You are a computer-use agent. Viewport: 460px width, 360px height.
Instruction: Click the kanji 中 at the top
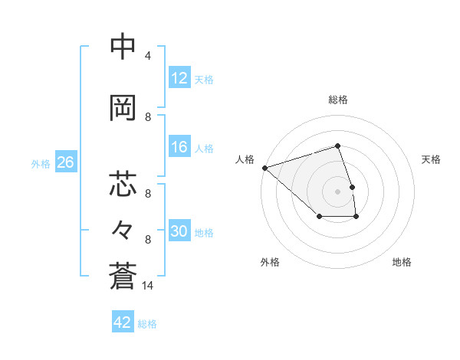point(123,47)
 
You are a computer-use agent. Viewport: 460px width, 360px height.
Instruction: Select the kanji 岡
point(123,108)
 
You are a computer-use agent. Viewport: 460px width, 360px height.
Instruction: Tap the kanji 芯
point(123,185)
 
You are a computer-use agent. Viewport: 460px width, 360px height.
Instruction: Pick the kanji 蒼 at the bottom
point(123,275)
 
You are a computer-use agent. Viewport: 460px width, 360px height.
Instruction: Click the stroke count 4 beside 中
point(148,56)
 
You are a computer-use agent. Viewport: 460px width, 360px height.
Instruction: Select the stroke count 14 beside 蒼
point(148,286)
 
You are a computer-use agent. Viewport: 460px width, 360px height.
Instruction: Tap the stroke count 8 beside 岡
point(148,117)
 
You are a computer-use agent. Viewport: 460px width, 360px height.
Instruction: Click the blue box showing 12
point(179,78)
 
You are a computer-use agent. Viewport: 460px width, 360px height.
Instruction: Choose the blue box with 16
point(179,147)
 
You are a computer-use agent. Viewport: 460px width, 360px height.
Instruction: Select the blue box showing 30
point(179,231)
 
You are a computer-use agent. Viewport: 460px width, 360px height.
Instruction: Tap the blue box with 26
point(65,162)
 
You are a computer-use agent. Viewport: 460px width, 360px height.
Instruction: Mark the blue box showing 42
point(123,322)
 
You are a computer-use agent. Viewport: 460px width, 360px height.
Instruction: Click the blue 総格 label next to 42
point(147,324)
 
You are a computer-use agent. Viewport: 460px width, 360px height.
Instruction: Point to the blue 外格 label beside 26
point(41,163)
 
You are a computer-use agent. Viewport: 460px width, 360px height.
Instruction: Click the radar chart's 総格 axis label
point(338,100)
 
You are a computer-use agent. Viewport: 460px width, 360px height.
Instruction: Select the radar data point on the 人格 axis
point(264,167)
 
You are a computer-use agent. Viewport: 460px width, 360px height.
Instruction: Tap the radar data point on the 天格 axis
point(352,187)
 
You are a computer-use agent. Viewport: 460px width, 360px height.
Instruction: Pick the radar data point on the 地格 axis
point(356,218)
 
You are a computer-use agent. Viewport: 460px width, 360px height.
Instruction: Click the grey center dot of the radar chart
point(338,191)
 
